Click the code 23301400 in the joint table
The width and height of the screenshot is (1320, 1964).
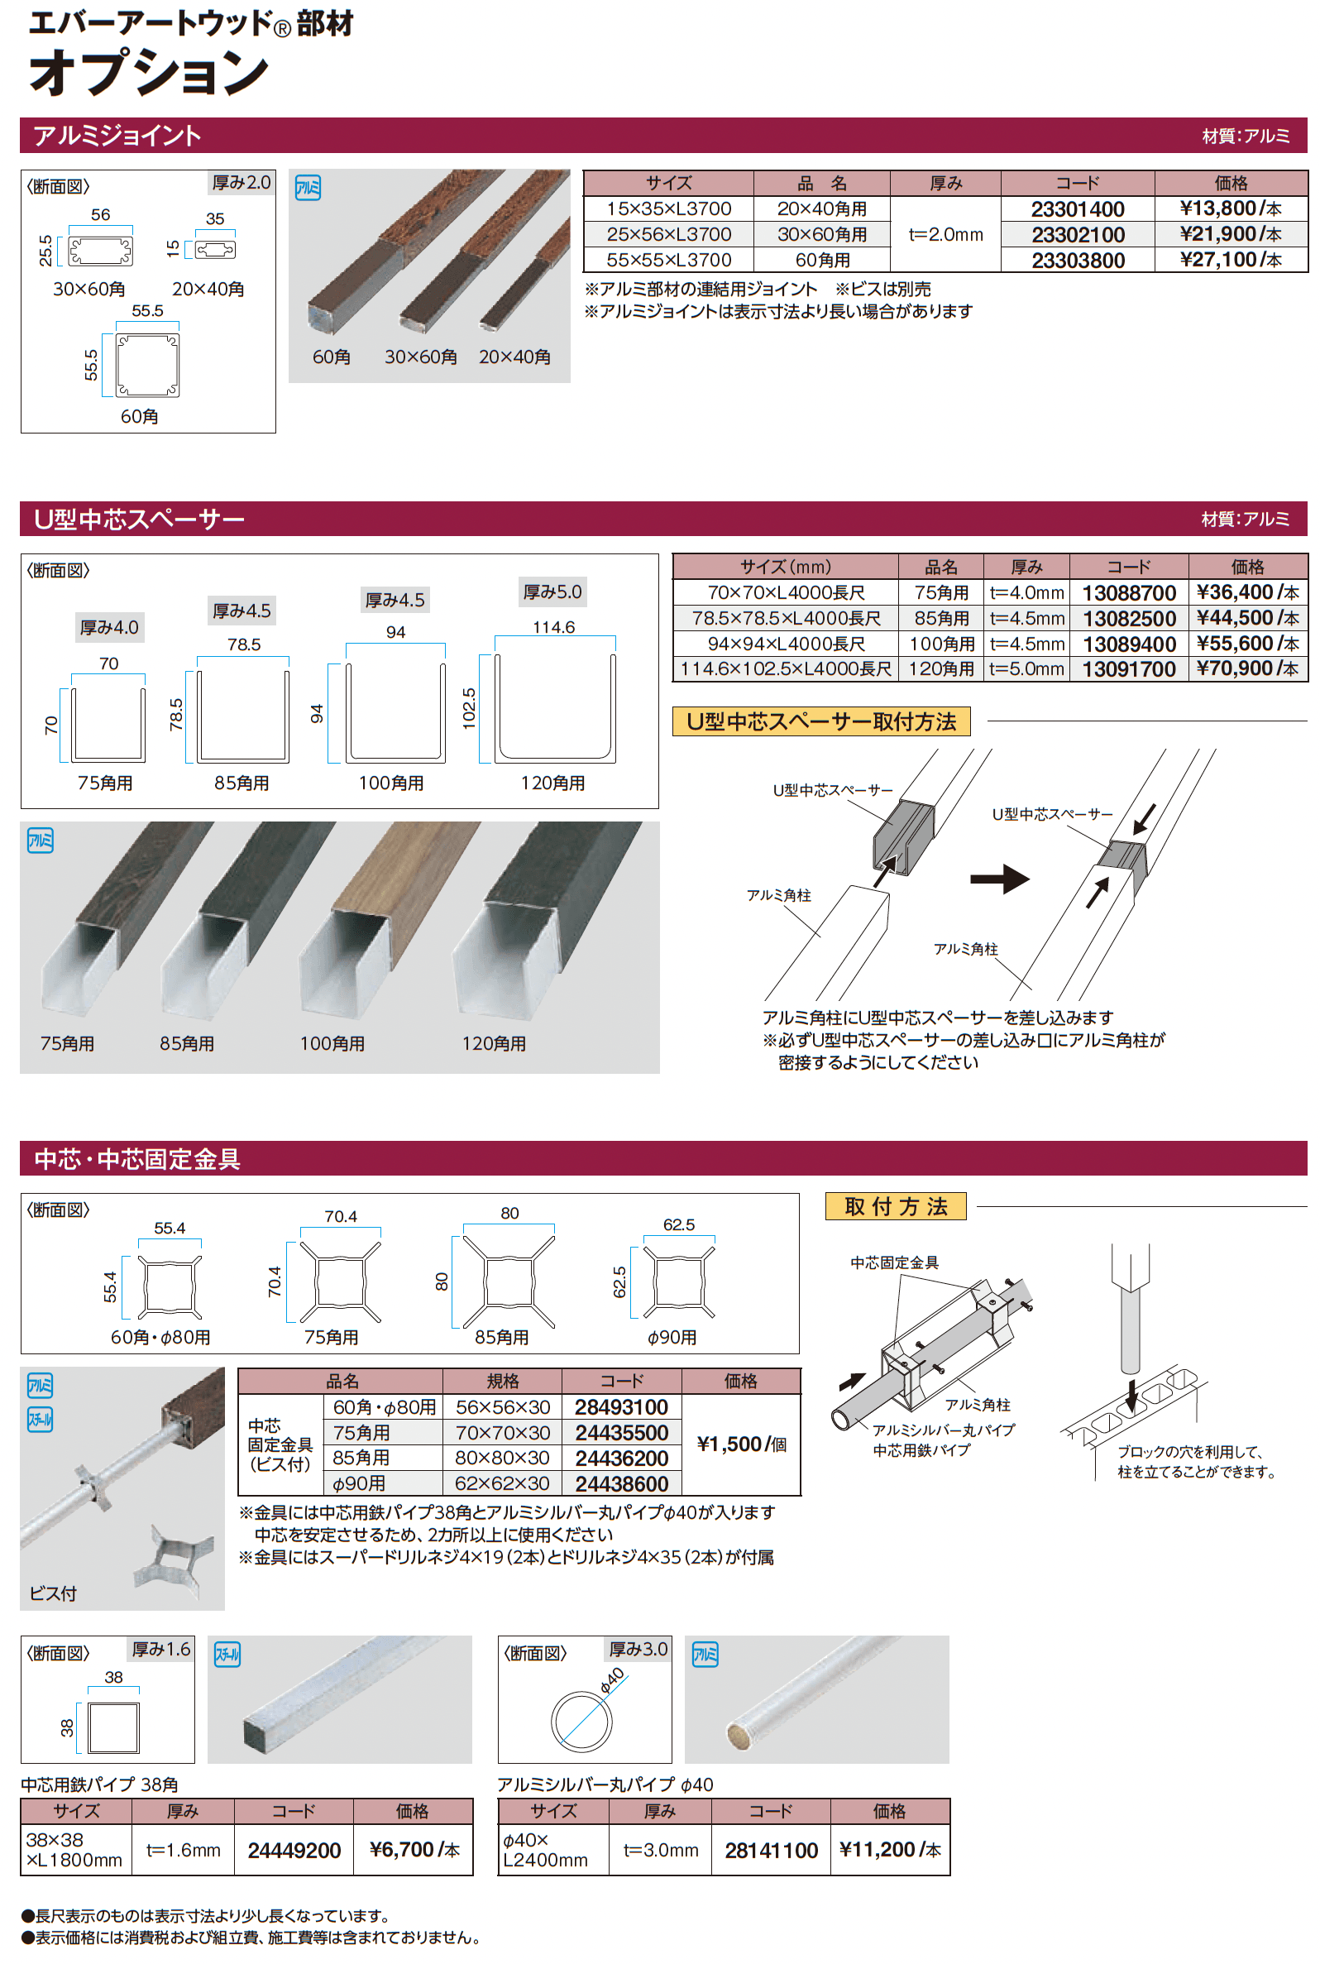click(1078, 208)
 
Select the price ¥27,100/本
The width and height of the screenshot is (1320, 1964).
click(1230, 260)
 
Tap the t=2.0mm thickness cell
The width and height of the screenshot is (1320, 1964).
click(945, 235)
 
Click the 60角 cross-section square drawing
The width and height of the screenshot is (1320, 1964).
click(147, 366)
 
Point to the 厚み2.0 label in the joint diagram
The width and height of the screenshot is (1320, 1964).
click(241, 183)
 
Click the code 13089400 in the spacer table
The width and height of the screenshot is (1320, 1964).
click(1128, 644)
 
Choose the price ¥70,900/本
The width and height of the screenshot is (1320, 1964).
click(1246, 669)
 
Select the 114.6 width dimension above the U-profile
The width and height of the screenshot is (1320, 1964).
click(554, 627)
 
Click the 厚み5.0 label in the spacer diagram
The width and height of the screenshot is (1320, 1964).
click(552, 592)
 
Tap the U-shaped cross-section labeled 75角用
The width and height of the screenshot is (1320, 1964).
click(108, 724)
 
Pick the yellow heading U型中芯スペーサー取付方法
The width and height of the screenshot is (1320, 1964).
click(820, 721)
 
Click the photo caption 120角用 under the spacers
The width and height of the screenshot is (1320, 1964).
click(493, 1044)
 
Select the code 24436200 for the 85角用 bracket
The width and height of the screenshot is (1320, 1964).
click(621, 1458)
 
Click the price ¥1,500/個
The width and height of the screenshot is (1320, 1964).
click(741, 1444)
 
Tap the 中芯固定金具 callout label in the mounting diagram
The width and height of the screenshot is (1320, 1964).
click(894, 1262)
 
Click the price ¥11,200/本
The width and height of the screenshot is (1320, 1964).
click(889, 1850)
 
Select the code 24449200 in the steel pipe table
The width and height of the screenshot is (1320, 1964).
click(294, 1851)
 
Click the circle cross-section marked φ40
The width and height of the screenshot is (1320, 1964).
click(581, 1721)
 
